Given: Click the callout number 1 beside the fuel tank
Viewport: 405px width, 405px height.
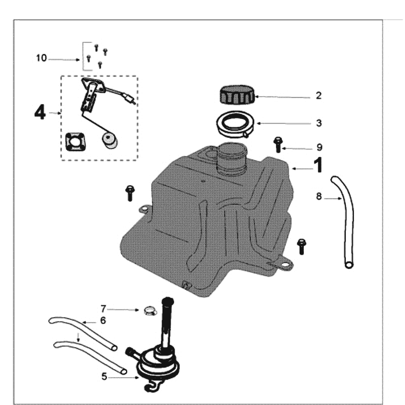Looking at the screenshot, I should (318, 165).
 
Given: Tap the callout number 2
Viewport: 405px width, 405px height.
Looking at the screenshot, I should (318, 95).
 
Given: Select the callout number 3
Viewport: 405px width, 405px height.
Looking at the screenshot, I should (318, 123).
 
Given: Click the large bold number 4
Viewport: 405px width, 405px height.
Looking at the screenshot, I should (40, 112).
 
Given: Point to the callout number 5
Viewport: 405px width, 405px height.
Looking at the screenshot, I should (104, 376).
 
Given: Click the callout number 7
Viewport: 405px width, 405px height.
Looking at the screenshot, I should (103, 308).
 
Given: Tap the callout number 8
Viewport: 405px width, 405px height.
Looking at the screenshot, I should (318, 196).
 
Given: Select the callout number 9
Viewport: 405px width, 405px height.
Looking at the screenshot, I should (319, 147).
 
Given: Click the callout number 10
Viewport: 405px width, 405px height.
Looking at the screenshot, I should (42, 58).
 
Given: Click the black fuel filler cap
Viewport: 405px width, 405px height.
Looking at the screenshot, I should (236, 95).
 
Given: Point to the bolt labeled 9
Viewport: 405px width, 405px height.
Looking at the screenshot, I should (277, 144).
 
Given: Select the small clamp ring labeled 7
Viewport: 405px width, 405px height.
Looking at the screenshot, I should (149, 310).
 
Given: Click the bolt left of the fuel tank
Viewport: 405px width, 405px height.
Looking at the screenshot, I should (130, 193).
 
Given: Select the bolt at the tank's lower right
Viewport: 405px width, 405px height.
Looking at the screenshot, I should (302, 246).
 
